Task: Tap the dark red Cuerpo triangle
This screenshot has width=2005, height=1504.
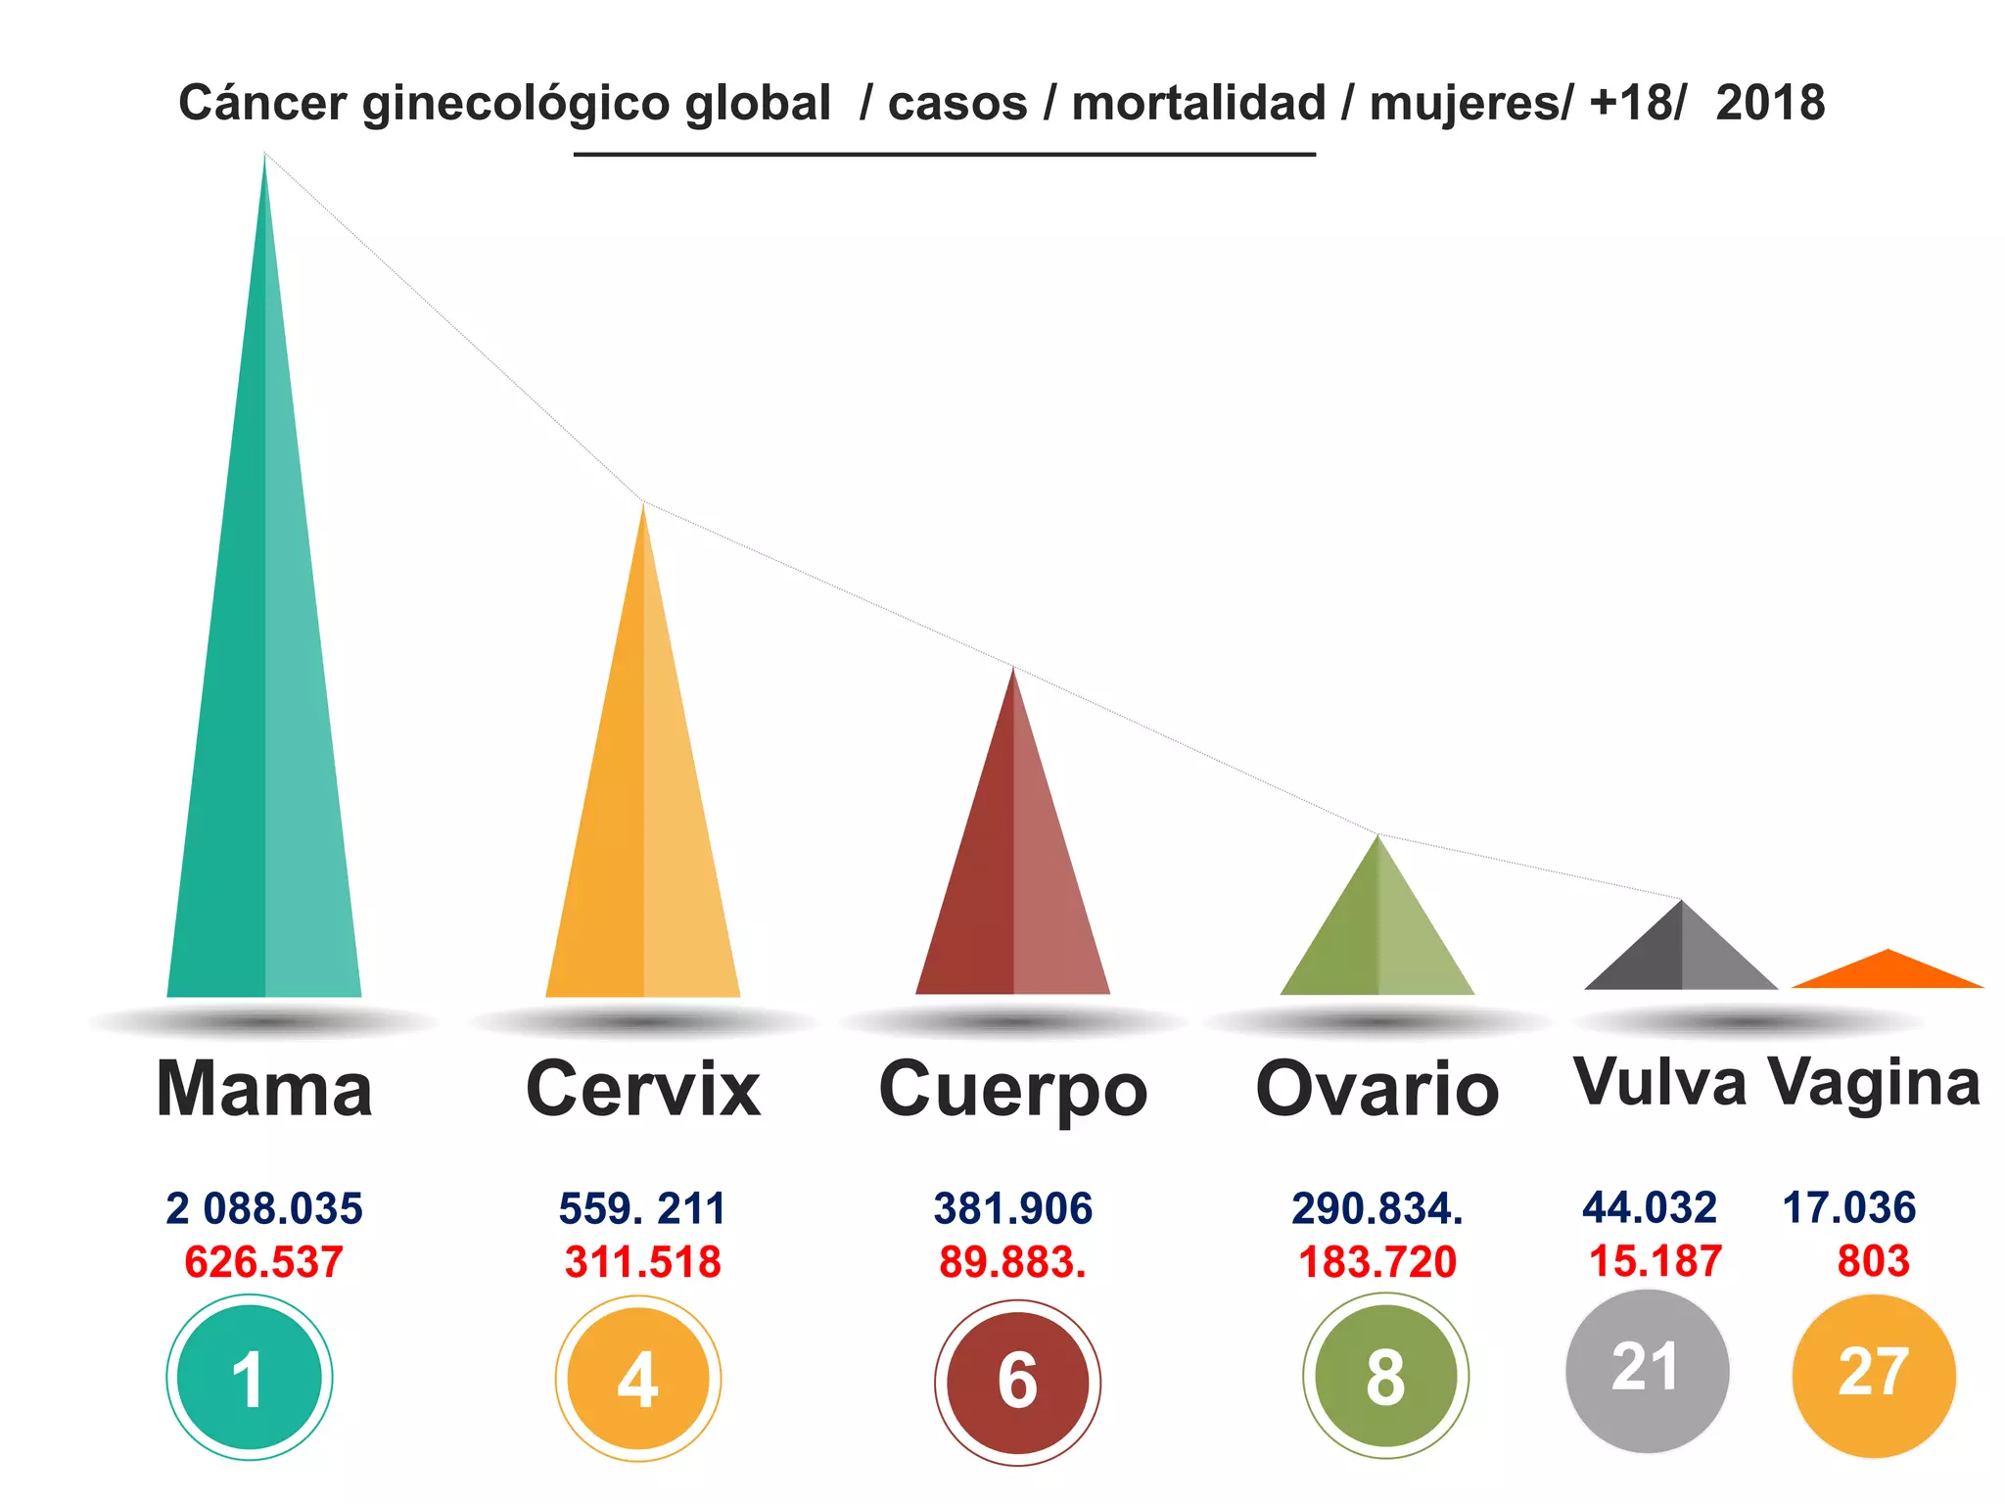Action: point(1013,881)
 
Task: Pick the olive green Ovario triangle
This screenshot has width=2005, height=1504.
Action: point(1377,940)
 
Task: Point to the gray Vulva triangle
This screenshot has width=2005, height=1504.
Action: point(1681,960)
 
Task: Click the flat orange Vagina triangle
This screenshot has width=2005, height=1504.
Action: point(1888,973)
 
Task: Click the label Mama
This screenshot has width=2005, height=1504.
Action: point(264,1089)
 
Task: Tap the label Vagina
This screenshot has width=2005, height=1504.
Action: point(1874,1083)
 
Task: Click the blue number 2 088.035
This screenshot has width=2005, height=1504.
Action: point(264,1208)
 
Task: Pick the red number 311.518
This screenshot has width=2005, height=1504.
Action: point(643,1261)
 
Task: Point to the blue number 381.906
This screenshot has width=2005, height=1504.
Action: point(1013,1208)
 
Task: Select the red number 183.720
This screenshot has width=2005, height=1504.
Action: point(1377,1261)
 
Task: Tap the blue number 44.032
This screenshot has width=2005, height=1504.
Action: point(1650,1207)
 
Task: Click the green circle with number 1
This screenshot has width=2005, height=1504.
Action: point(250,1378)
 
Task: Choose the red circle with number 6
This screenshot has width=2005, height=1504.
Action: point(1017,1382)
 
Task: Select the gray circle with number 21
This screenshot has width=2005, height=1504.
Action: point(1648,1371)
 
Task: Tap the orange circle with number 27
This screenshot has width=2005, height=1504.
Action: point(1874,1375)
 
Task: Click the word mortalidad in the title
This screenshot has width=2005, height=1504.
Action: point(1198,103)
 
